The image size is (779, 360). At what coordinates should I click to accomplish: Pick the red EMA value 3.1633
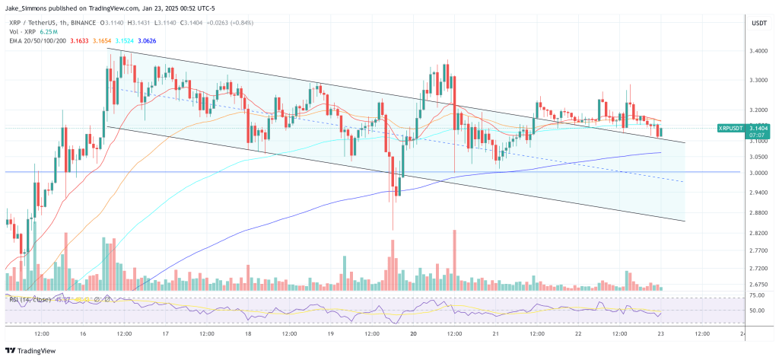point(79,42)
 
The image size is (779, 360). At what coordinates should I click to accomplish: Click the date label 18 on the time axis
point(248,333)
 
